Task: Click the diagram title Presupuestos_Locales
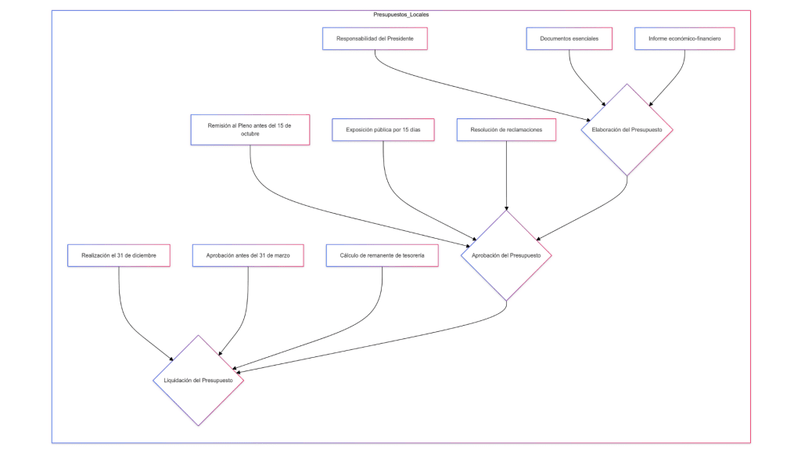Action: click(400, 15)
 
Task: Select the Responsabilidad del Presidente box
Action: click(375, 38)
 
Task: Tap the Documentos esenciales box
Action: click(569, 38)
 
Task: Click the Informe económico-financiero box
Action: click(684, 38)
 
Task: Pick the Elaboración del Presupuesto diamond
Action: click(627, 129)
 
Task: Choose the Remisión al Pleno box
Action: click(250, 129)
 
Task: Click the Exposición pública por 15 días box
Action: click(383, 129)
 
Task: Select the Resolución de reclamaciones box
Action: click(506, 129)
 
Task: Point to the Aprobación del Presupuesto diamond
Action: click(506, 255)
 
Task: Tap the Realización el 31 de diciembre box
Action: click(119, 255)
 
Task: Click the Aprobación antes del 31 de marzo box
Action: click(248, 255)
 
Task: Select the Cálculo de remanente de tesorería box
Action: click(382, 255)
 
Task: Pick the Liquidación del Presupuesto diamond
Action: click(198, 381)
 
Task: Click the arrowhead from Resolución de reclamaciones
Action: click(506, 207)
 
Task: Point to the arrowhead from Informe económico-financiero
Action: click(651, 103)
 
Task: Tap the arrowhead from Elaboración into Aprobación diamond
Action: click(534, 237)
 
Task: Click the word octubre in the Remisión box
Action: click(250, 134)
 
